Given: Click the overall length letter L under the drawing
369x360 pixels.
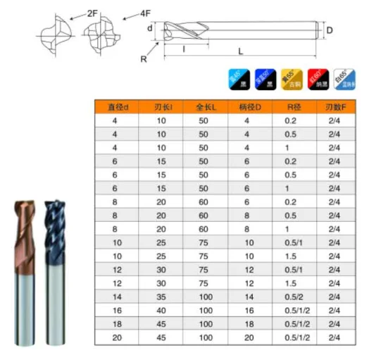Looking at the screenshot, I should tap(239, 52).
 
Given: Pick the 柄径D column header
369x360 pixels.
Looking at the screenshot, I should tap(247, 107).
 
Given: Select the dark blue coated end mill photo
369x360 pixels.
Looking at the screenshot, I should tap(54, 268).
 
